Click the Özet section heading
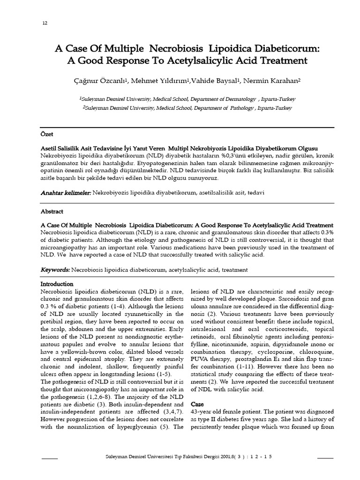(47, 134)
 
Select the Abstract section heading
(52, 211)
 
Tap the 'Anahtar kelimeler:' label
(66, 193)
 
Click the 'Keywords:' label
(55, 270)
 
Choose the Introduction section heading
(57, 284)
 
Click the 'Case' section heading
(198, 404)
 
